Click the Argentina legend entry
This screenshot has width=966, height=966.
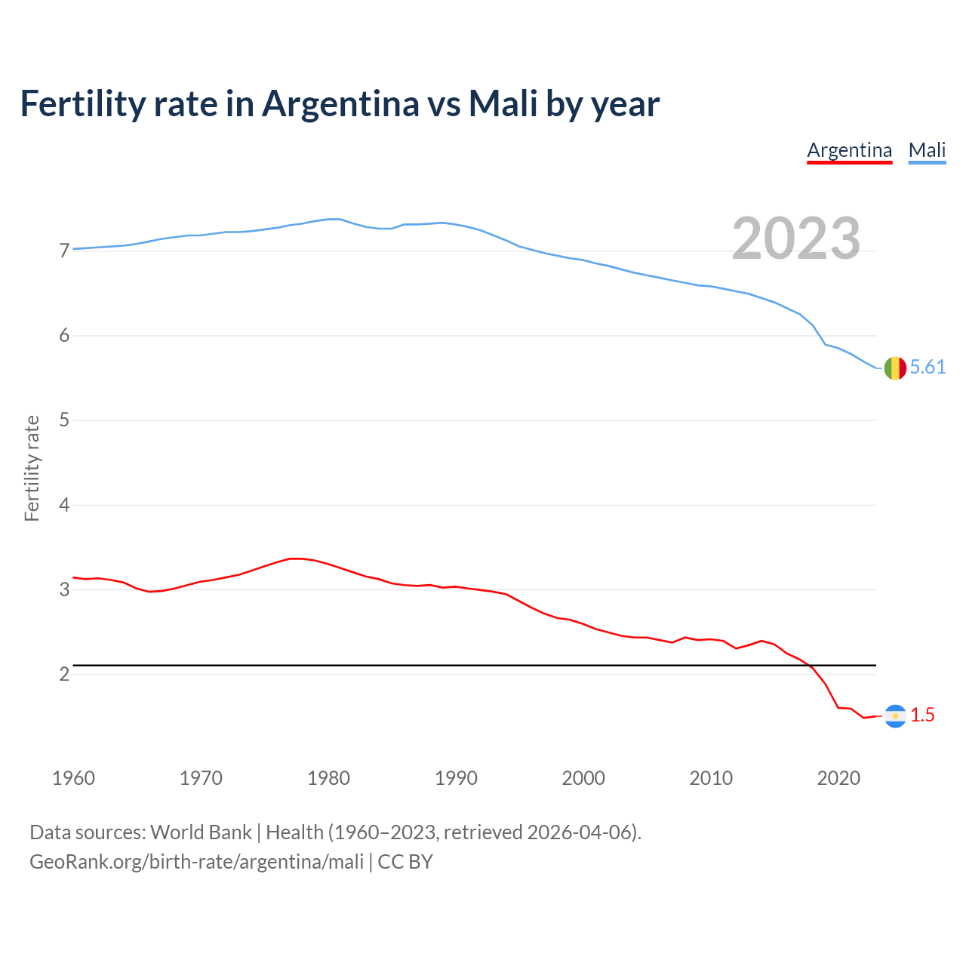[x=849, y=150]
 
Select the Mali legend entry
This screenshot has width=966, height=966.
[x=927, y=150]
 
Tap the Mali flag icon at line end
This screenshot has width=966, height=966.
[x=895, y=368]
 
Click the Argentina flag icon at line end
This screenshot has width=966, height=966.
[x=895, y=715]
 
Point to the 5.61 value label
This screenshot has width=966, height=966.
[x=928, y=368]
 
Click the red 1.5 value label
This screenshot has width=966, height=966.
[x=922, y=715]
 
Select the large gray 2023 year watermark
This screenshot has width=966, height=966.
[x=795, y=238]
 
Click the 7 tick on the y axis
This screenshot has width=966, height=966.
[x=64, y=251]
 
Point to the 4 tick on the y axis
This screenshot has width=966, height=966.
[x=64, y=505]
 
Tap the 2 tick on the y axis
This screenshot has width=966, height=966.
[x=64, y=674]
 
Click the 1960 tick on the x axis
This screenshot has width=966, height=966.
[x=73, y=778]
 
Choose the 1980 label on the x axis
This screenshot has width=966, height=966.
[x=328, y=778]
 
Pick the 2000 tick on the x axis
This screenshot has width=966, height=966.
[x=583, y=778]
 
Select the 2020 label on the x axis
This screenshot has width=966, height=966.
[x=838, y=778]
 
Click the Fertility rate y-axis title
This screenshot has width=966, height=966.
[x=32, y=468]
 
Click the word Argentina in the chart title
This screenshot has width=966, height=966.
[x=340, y=104]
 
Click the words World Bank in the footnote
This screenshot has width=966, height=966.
[x=201, y=832]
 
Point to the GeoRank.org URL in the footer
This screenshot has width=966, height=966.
[x=196, y=862]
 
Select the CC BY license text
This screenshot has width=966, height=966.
[x=405, y=862]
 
